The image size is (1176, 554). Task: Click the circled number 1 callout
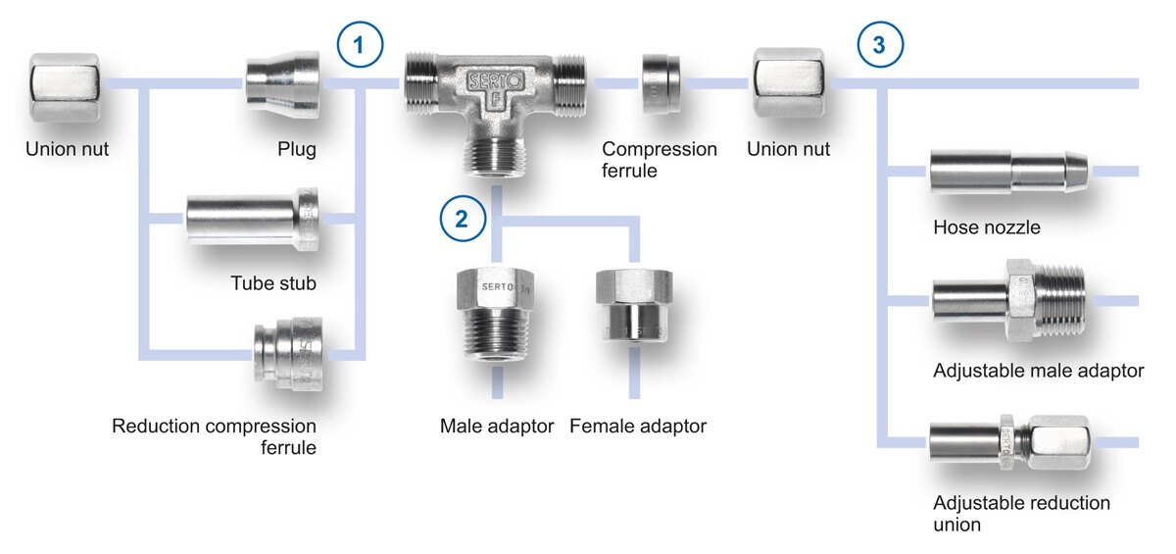(360, 45)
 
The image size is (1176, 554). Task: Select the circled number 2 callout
(464, 218)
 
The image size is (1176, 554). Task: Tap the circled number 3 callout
(880, 45)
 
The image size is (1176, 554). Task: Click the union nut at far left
(65, 87)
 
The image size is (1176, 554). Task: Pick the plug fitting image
(282, 86)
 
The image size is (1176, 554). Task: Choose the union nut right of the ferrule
(789, 83)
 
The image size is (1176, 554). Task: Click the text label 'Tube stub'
(273, 284)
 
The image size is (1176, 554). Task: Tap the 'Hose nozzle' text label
(987, 227)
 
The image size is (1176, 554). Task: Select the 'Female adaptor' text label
(637, 427)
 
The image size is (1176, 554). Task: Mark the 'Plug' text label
(296, 150)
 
